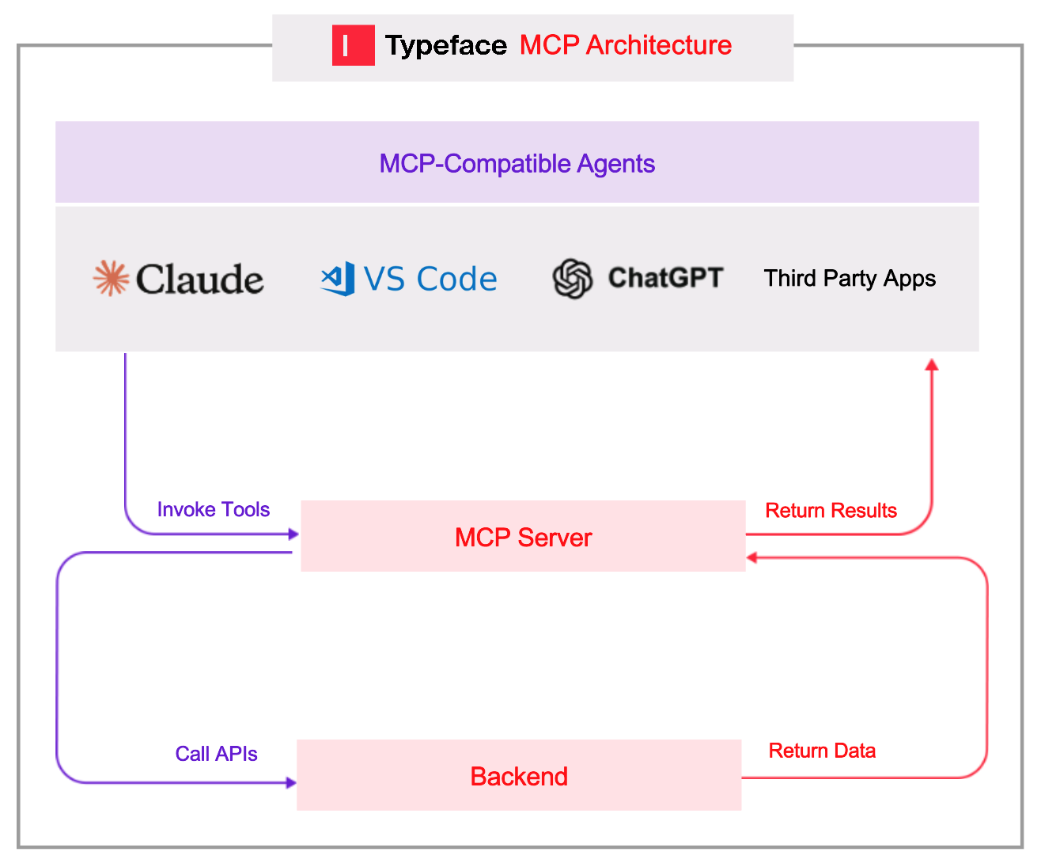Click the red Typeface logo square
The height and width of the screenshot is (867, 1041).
point(353,45)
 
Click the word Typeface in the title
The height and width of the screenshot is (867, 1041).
point(446,46)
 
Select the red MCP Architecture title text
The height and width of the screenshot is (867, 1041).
point(625,45)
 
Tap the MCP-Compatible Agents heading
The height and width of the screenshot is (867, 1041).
point(517,163)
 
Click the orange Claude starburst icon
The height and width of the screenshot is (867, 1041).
point(111,278)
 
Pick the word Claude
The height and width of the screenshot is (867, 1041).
point(199,279)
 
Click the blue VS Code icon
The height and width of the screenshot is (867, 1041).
point(338,279)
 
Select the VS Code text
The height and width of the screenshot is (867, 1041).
point(430,279)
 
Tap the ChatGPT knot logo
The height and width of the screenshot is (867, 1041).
point(572,279)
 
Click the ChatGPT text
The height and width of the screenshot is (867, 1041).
point(665,278)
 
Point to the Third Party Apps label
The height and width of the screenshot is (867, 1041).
point(850,279)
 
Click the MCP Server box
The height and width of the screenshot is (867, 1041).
point(523,537)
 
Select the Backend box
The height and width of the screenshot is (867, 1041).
point(519,776)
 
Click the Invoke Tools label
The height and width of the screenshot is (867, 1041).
point(213,509)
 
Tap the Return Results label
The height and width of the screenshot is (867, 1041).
point(831,511)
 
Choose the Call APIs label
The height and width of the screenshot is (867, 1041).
point(216,754)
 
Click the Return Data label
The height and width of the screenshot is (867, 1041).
point(822,751)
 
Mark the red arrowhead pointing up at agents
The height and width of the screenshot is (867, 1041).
point(932,365)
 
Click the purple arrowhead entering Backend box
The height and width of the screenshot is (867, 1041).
point(291,782)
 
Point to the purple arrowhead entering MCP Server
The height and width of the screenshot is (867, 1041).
point(293,534)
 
